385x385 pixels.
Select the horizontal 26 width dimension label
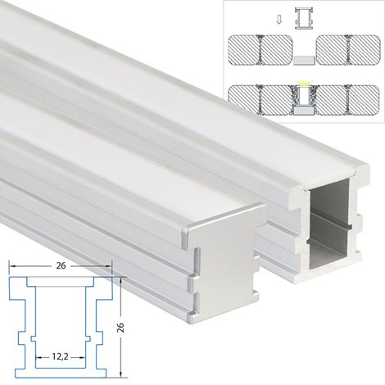click(61, 265)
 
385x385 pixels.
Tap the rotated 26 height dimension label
click(120, 327)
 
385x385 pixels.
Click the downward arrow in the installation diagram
click(279, 20)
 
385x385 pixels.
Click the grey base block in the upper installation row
click(304, 61)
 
